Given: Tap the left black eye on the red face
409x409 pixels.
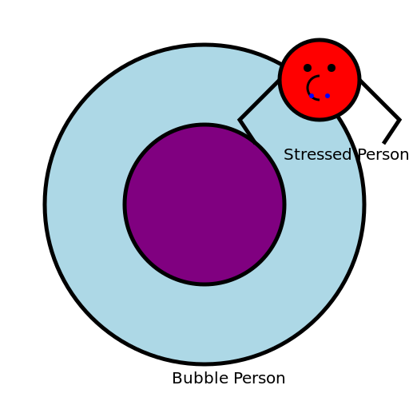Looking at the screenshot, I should pos(308,68).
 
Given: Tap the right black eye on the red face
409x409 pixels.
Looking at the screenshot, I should pos(332,68).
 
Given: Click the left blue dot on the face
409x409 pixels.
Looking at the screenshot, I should pos(312,96).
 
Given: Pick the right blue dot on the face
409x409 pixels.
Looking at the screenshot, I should pos(328,96).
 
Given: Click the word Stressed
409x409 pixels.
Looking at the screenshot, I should pos(317,155).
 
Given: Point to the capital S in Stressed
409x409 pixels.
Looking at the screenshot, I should pos(288,155).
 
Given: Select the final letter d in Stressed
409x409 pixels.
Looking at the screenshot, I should pos(347,155).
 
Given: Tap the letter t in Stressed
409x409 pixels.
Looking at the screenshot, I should pos(297,155).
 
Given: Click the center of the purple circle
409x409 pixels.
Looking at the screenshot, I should pos(204,204).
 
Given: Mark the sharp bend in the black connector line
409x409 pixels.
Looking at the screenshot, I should pos(240,120).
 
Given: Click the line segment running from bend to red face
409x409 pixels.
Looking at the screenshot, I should pos(260,101).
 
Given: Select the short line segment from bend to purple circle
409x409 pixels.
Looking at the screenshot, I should pos(248,131).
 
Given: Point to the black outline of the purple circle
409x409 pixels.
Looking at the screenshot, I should pos(125,204).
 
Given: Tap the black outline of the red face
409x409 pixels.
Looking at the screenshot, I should pos(320,119).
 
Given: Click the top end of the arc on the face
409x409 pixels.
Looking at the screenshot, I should pos(318,77).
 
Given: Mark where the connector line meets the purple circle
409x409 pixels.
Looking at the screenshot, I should pos(256,142).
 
